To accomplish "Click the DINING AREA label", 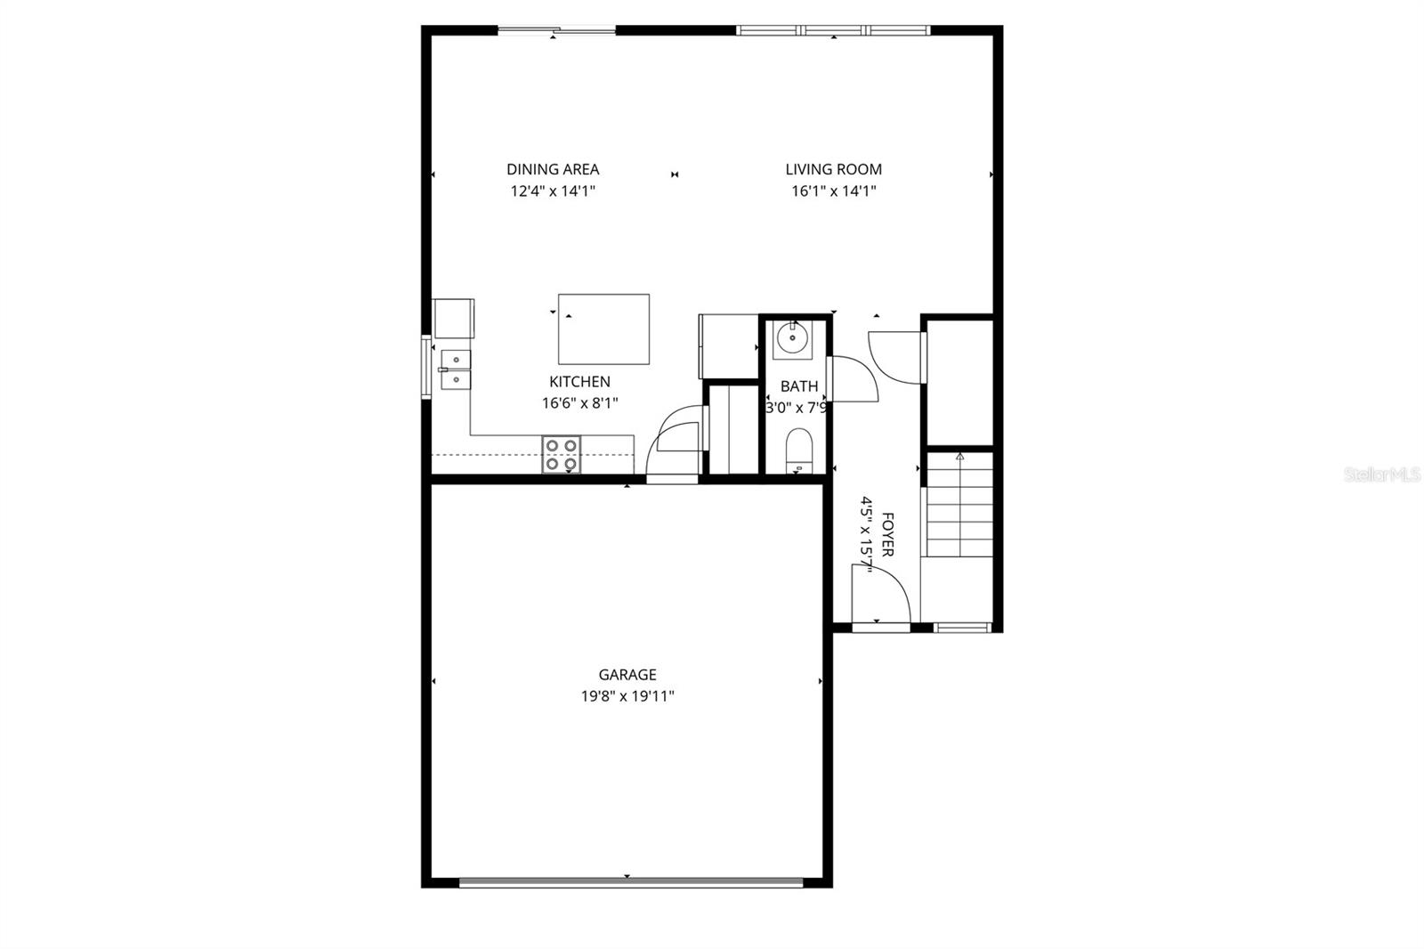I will pos(553,169).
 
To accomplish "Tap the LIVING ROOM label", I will pos(833,169).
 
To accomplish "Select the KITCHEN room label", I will pos(579,382).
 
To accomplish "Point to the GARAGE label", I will pos(627,675).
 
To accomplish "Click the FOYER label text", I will pos(887,534).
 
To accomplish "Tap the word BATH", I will pos(798,386).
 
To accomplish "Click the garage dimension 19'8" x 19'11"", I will pos(627,696).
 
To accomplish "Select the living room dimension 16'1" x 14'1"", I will pos(833,191).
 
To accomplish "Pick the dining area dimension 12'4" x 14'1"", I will pos(553,191).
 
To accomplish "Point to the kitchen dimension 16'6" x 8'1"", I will pos(579,403).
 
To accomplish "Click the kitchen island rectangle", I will pos(603,329).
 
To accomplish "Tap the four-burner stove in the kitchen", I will pos(561,454).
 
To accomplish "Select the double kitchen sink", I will pos(456,369).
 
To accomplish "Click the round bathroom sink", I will pos(791,339).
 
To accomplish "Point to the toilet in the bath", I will pos(799,449).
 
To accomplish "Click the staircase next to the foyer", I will pos(959,505).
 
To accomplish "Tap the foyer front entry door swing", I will pos(878,596).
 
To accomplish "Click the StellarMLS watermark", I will pos(1382,475).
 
